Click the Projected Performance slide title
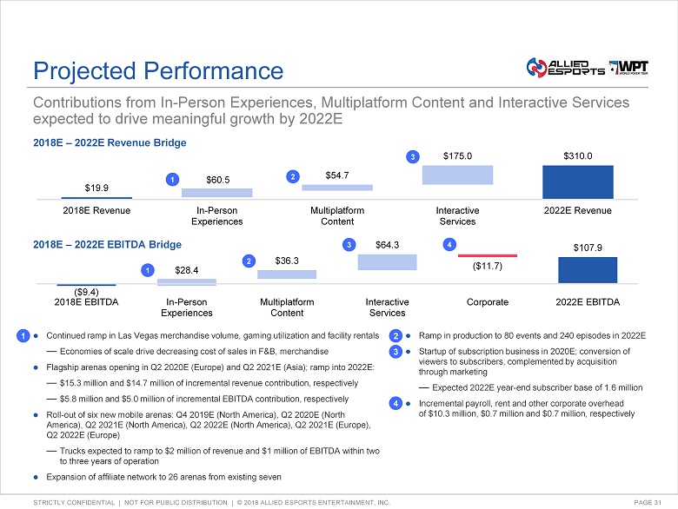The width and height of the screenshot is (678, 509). click(x=157, y=70)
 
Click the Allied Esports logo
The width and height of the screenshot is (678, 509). click(x=564, y=67)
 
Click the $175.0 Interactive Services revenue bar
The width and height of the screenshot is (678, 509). click(x=457, y=175)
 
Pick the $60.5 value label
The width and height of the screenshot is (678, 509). click(x=217, y=179)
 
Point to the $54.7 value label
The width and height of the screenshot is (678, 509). click(x=336, y=175)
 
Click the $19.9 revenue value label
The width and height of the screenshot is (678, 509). click(x=97, y=187)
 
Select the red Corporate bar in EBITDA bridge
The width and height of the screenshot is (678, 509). click(x=487, y=255)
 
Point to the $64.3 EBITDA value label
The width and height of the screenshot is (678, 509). click(x=387, y=245)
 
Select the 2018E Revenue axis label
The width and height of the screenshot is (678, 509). click(x=97, y=211)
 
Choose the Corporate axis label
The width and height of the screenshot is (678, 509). click(x=488, y=302)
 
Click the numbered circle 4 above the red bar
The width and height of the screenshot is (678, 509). click(x=449, y=245)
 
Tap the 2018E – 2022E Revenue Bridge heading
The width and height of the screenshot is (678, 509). click(x=109, y=142)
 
